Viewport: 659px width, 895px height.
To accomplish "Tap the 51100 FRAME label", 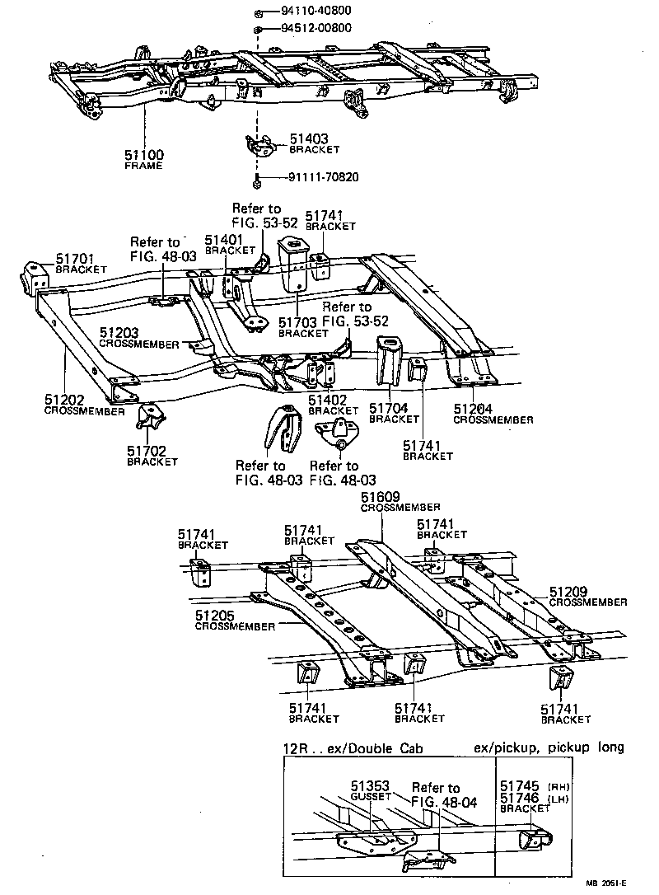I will (144, 158).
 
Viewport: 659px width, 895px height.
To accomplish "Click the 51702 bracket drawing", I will (149, 419).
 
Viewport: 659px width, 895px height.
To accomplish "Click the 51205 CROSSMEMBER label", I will (234, 621).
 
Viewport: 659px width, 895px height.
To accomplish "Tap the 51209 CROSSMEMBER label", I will (587, 597).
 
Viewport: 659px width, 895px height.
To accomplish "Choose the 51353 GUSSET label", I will (369, 792).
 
